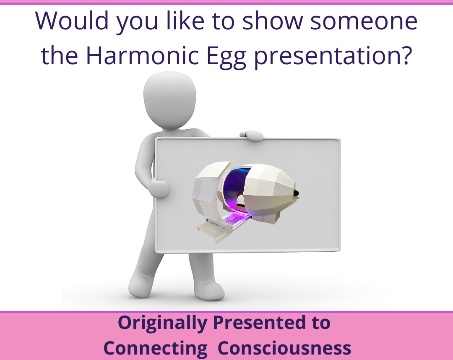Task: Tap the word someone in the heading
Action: [x=364, y=21]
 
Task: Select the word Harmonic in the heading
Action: [x=143, y=55]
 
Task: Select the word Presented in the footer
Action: [x=259, y=322]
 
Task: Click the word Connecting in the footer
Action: [x=156, y=349]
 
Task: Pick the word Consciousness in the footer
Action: [x=284, y=348]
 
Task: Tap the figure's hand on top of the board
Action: [x=251, y=136]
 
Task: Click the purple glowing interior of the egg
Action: [x=234, y=184]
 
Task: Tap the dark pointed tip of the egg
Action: [x=297, y=194]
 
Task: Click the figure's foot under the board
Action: [x=209, y=291]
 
